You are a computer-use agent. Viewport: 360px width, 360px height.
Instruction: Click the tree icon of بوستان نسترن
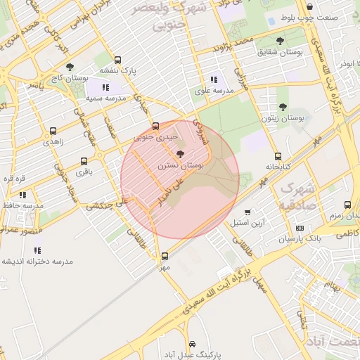pyautogui.click(x=180, y=154)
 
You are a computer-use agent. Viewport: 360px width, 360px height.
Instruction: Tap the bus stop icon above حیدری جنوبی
pyautogui.click(x=156, y=118)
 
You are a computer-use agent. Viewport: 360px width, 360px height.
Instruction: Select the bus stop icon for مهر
pyautogui.click(x=165, y=256)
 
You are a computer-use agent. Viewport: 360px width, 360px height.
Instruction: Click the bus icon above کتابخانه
pyautogui.click(x=278, y=156)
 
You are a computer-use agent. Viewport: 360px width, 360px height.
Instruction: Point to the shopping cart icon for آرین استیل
pyautogui.click(x=247, y=212)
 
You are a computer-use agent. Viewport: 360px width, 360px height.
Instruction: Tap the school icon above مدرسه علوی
pyautogui.click(x=214, y=80)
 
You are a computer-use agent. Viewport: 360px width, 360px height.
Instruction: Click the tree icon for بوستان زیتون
pyautogui.click(x=283, y=108)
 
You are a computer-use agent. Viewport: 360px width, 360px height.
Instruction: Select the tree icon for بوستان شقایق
pyautogui.click(x=281, y=41)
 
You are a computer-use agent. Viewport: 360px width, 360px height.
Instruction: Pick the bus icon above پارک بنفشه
pyautogui.click(x=117, y=60)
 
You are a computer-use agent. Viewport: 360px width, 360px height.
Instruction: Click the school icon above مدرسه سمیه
pyautogui.click(x=105, y=87)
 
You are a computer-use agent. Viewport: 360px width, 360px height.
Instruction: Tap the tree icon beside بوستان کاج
pyautogui.click(x=70, y=67)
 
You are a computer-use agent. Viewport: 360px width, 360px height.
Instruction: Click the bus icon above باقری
pyautogui.click(x=84, y=161)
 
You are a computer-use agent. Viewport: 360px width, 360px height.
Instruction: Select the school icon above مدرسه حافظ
pyautogui.click(x=22, y=195)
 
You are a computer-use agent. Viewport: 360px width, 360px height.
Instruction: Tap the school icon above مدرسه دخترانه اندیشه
pyautogui.click(x=37, y=250)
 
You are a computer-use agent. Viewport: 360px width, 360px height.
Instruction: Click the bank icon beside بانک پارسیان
pyautogui.click(x=300, y=228)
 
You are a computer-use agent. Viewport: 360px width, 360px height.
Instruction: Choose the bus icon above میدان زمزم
pyautogui.click(x=347, y=205)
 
